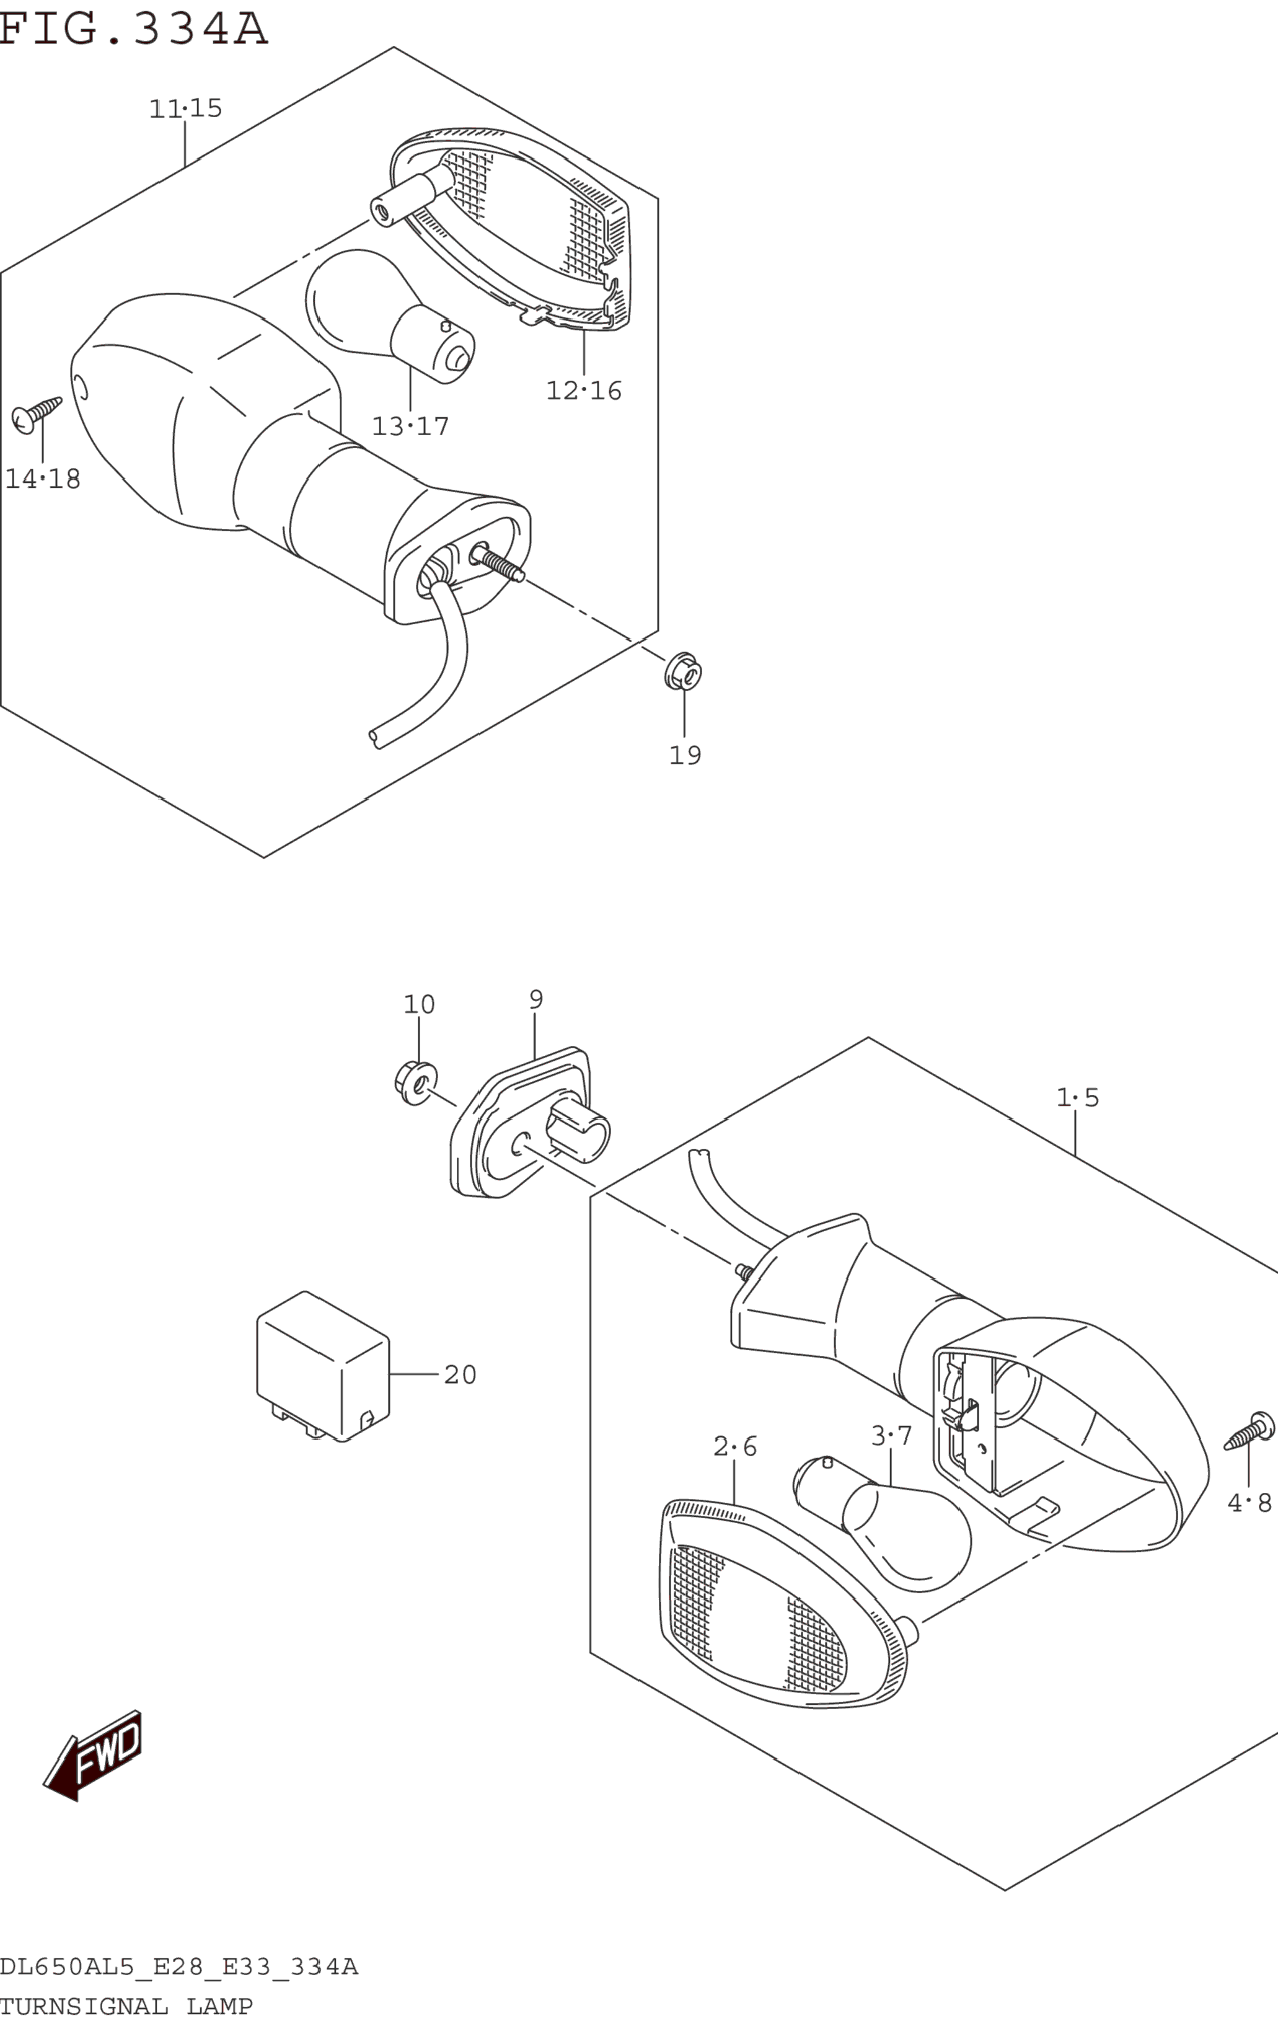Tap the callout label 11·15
(185, 108)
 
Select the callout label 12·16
(584, 391)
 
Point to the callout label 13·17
(410, 427)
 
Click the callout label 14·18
(43, 479)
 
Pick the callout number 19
(685, 755)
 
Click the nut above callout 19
(683, 671)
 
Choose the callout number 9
(536, 999)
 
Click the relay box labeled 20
(323, 1366)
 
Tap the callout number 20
(460, 1375)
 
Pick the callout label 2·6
(735, 1446)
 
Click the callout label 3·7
(891, 1436)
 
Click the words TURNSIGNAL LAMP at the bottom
(126, 2006)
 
